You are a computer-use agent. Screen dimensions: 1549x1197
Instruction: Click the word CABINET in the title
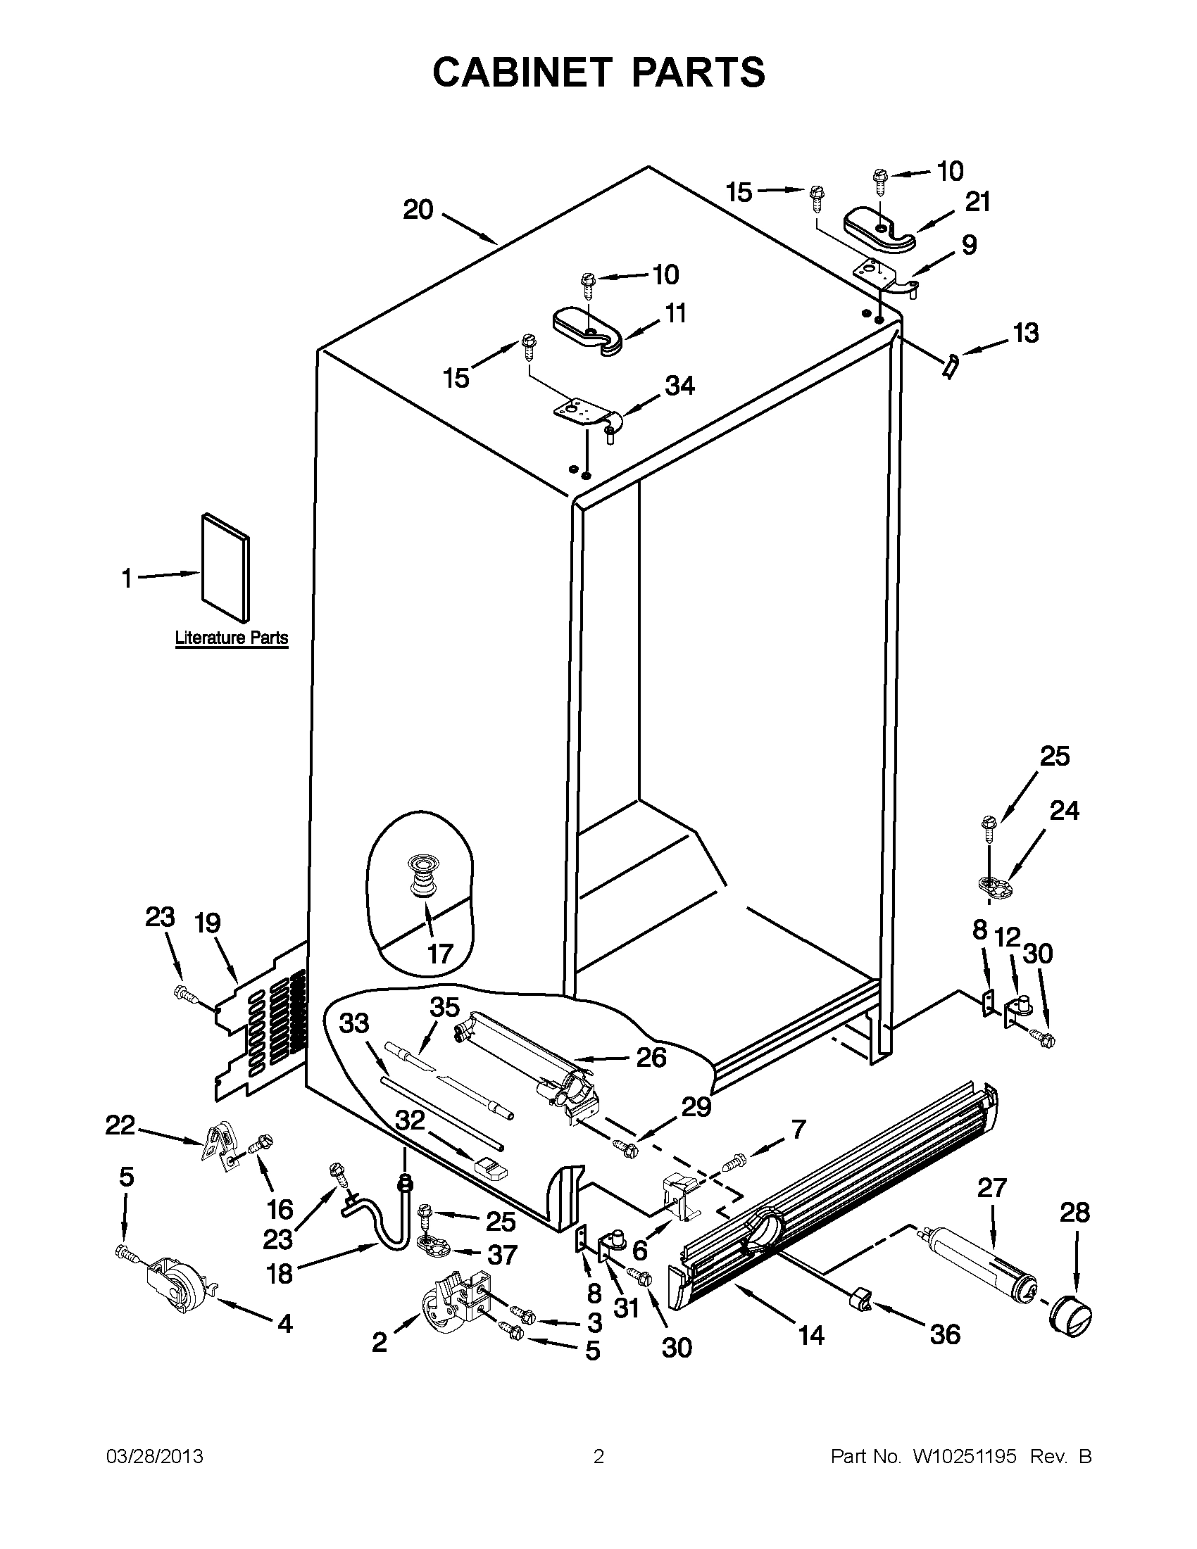(521, 72)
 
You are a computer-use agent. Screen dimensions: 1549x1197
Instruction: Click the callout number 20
(418, 210)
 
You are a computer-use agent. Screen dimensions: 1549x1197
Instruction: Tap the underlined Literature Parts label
(232, 638)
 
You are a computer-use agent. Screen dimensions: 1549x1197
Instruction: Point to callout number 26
(651, 1077)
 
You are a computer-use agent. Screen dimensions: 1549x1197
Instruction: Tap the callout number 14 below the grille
(811, 1336)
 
